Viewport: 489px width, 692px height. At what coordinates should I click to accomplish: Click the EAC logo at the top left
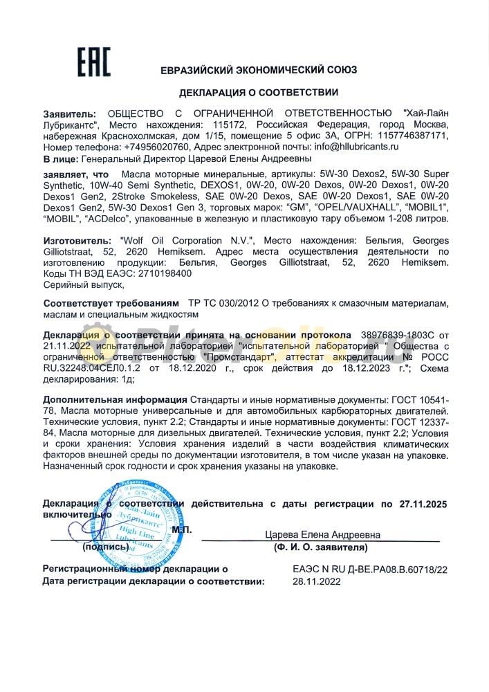tap(93, 63)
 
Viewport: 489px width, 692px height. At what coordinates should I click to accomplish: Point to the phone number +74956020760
tap(156, 147)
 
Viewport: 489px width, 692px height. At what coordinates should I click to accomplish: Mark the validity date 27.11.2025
tap(423, 504)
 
